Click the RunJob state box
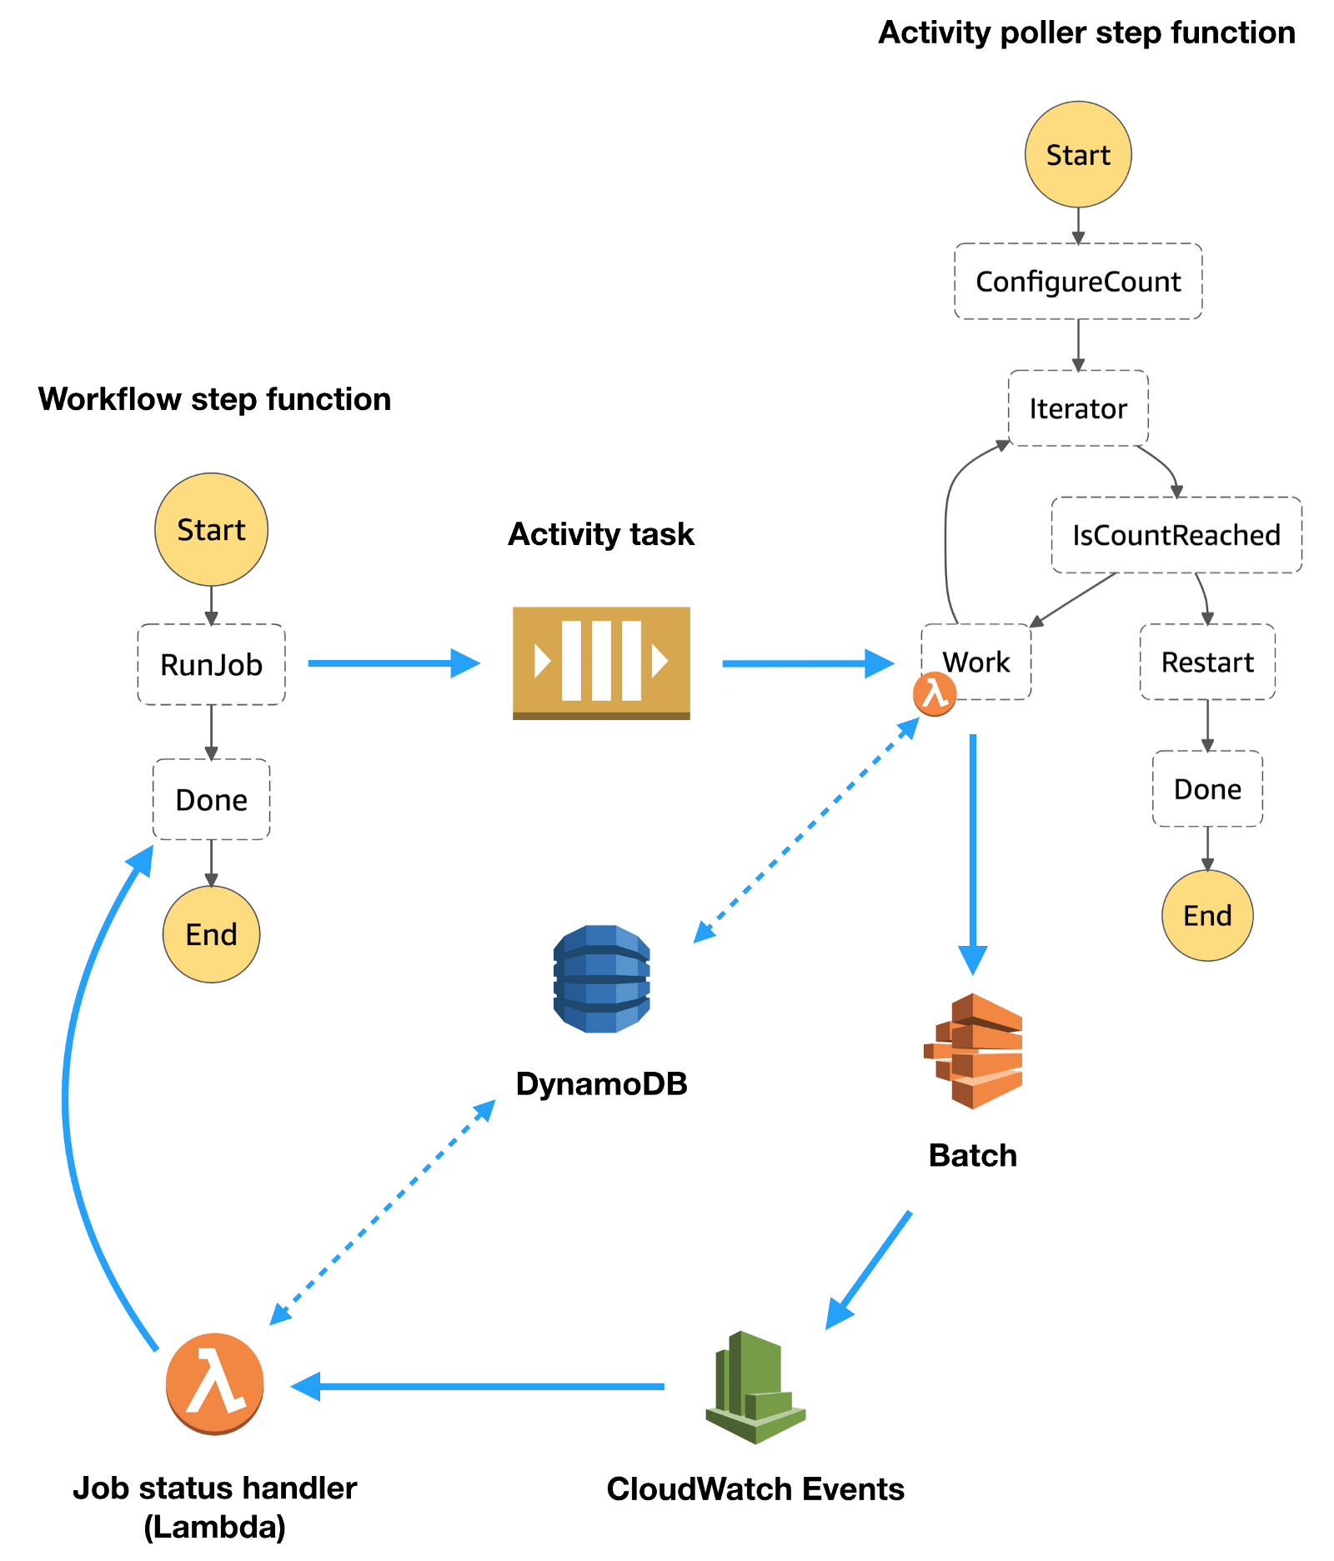pyautogui.click(x=211, y=664)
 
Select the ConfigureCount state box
pyautogui.click(x=1077, y=282)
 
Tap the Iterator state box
pyautogui.click(x=1077, y=408)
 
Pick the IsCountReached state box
pyautogui.click(x=1176, y=535)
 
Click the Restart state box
pyautogui.click(x=1206, y=663)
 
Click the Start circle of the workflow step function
pyautogui.click(x=211, y=530)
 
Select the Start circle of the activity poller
pyautogui.click(x=1077, y=155)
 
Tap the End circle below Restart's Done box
pyautogui.click(x=1206, y=915)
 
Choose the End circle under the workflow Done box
pyautogui.click(x=211, y=934)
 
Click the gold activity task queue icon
pyautogui.click(x=601, y=663)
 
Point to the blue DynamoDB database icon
pyautogui.click(x=601, y=979)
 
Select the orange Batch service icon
pyautogui.click(x=973, y=1050)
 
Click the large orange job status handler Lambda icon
pyautogui.click(x=215, y=1383)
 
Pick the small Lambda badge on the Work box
pyautogui.click(x=934, y=694)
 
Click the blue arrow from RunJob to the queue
pyautogui.click(x=392, y=663)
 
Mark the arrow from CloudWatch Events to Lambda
pyautogui.click(x=479, y=1386)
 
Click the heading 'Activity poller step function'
pyautogui.click(x=1086, y=33)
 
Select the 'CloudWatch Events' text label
pyautogui.click(x=755, y=1489)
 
